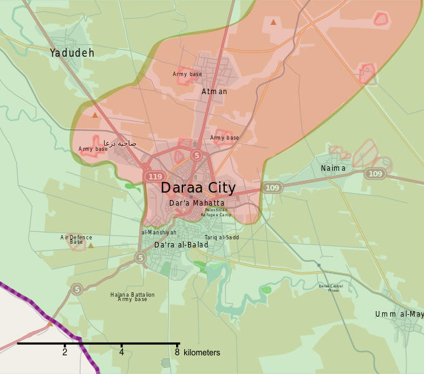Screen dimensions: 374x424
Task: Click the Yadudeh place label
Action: [x=72, y=53]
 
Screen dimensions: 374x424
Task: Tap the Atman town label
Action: [x=214, y=92]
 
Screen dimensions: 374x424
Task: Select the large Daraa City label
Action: [x=198, y=188]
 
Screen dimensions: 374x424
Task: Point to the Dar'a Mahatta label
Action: [x=197, y=203]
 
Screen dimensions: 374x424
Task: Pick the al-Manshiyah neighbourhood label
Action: [x=159, y=233]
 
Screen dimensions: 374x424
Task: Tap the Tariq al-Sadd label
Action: [x=222, y=237]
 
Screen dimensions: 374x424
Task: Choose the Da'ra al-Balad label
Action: [x=181, y=245]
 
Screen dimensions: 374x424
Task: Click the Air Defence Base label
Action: [x=76, y=239]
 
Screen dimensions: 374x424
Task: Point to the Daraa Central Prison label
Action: [x=330, y=288]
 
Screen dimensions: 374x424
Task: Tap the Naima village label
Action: [x=333, y=168]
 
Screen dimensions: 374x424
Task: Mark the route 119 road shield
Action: [x=154, y=177]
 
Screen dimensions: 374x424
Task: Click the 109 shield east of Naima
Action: [x=375, y=174]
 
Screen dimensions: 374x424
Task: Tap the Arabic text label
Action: [x=120, y=143]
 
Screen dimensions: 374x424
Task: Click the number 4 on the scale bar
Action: [x=121, y=352]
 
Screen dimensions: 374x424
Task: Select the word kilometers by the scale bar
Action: [x=202, y=353]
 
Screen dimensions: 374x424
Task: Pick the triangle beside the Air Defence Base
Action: [x=91, y=246]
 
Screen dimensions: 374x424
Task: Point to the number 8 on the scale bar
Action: [x=177, y=352]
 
